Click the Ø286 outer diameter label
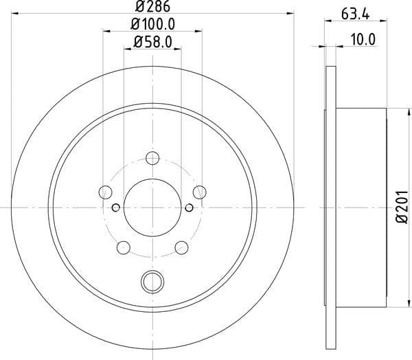coord(152,6)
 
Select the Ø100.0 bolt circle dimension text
coord(152,25)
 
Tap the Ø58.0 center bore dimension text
coord(152,42)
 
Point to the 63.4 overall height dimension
coord(355,14)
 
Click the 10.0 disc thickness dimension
coord(363,39)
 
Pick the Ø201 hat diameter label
coord(402,207)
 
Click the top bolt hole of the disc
coord(152,158)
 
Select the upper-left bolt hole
coord(105,192)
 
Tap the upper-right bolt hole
coord(199,192)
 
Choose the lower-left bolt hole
coord(124,247)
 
